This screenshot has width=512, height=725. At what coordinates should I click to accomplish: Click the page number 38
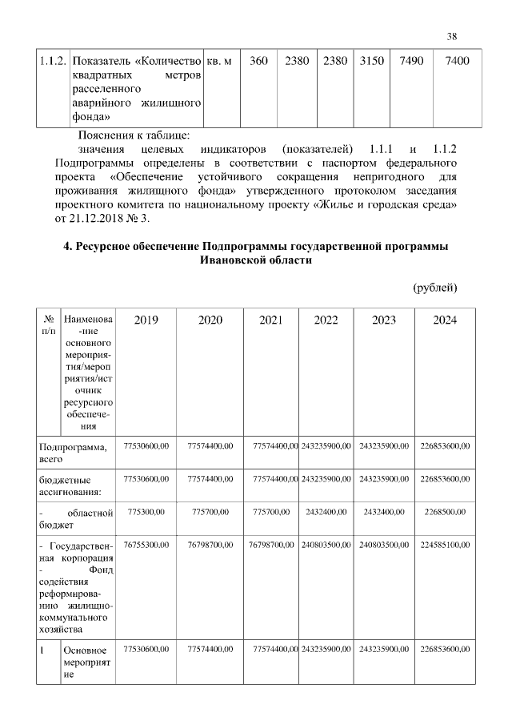[x=452, y=36]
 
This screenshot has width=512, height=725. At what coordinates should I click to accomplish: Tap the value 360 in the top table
[x=258, y=62]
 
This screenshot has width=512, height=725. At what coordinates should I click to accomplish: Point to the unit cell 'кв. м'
[x=218, y=62]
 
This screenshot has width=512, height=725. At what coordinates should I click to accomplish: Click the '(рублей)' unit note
[x=434, y=287]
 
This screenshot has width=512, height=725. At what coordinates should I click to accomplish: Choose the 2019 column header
[x=146, y=320]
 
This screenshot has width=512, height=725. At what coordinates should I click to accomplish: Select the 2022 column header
[x=326, y=320]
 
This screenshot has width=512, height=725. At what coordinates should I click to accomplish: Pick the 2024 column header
[x=445, y=320]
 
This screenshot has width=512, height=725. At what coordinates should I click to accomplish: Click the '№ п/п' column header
[x=49, y=324]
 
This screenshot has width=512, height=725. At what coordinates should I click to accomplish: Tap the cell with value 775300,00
[x=146, y=511]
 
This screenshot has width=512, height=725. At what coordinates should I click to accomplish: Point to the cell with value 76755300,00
[x=146, y=545]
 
